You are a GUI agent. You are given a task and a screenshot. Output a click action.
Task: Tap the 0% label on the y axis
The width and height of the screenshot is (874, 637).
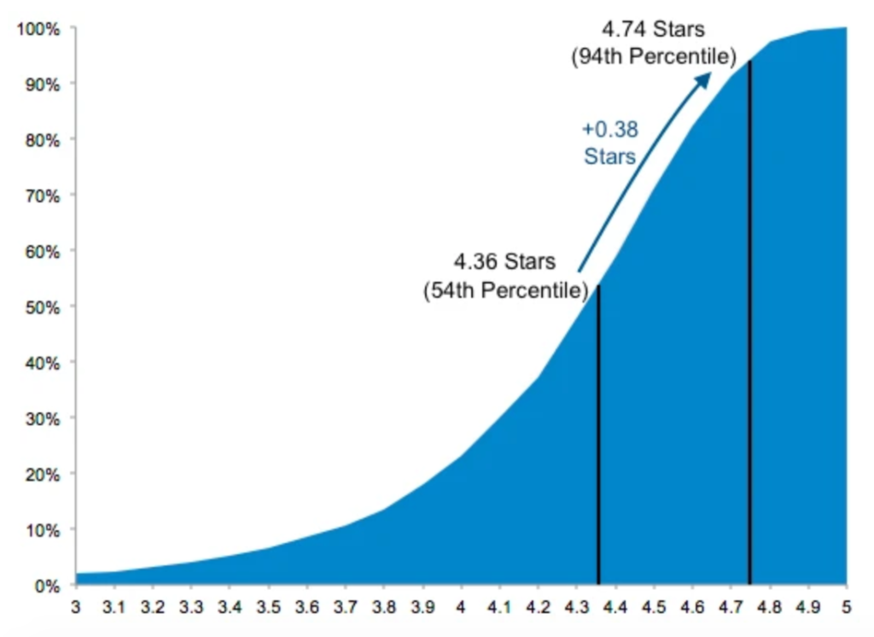46,586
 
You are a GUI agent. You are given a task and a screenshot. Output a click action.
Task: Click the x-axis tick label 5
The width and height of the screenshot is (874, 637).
846,609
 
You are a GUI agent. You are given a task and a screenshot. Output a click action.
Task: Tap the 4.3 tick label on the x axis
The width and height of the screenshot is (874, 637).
576,609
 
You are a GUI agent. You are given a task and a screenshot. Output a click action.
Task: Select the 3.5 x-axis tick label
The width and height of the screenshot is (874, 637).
268,609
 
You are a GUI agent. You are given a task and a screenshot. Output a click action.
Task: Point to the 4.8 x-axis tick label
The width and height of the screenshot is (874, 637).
769,609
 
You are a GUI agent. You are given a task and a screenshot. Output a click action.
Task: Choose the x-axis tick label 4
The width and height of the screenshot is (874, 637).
461,609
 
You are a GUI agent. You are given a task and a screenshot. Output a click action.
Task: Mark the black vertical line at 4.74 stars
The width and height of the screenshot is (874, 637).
749,324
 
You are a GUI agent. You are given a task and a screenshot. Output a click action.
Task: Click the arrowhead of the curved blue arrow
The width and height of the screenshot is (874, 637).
704,79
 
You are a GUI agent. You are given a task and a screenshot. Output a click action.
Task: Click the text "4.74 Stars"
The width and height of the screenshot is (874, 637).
654,29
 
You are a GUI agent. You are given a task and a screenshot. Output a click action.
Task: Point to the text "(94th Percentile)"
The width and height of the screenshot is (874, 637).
654,57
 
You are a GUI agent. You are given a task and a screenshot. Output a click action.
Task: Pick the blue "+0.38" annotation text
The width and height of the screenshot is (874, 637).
609,130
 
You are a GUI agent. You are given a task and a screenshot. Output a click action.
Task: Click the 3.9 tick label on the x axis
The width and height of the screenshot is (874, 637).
422,609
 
